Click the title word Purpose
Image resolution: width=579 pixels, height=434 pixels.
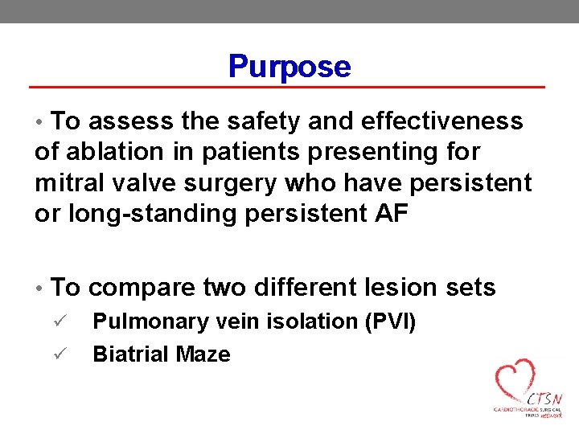coord(289,66)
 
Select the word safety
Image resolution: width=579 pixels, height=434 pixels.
coord(257,121)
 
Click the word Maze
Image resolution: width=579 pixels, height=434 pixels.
coord(207,354)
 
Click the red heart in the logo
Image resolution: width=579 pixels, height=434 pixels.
coord(515,381)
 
